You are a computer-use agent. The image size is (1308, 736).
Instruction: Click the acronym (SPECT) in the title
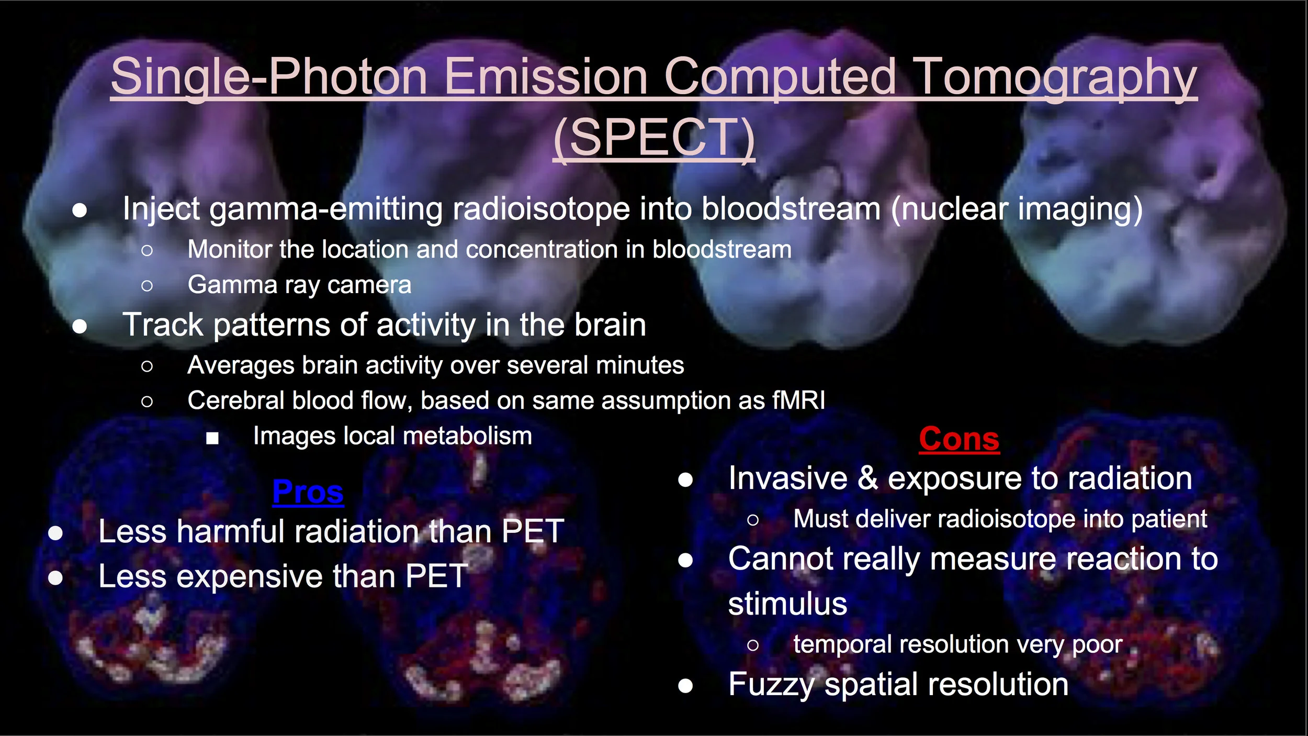[654, 137]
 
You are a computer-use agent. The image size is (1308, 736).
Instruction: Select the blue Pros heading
[308, 492]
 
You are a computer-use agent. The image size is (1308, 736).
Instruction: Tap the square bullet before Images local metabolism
[212, 438]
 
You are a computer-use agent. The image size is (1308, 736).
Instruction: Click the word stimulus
[787, 604]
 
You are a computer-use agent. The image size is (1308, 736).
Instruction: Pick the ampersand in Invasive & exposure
[867, 478]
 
